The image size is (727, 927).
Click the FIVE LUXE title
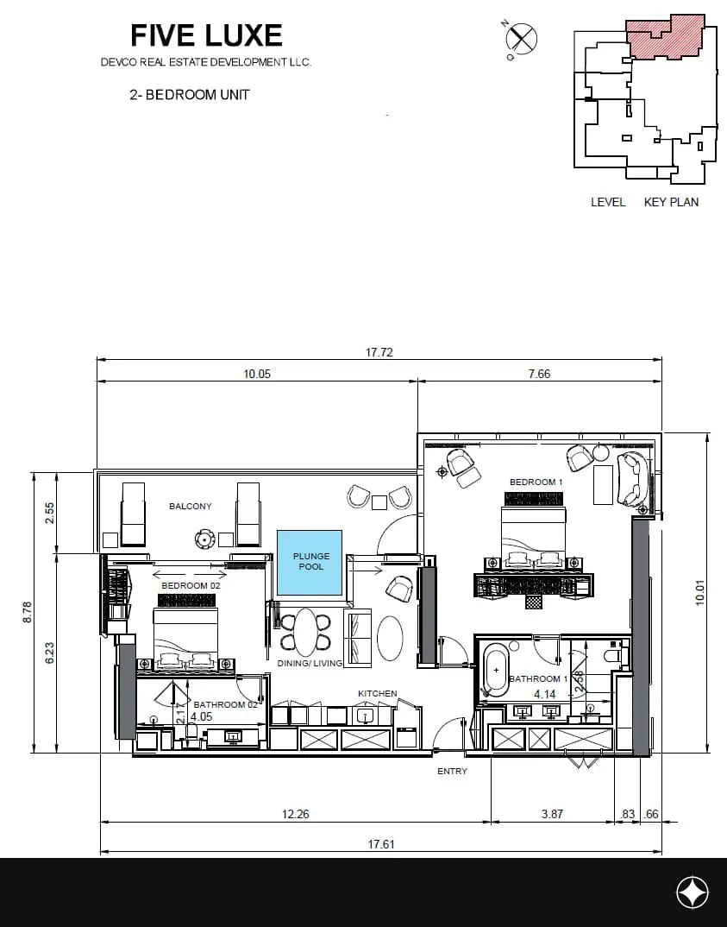[206, 35]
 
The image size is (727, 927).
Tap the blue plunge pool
[310, 562]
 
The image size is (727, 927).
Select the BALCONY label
[191, 506]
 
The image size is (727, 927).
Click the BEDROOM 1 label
[536, 482]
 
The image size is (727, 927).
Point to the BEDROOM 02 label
[191, 585]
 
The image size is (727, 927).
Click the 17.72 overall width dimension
[379, 352]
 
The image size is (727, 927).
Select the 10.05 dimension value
[257, 374]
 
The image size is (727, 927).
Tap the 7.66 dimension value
[539, 374]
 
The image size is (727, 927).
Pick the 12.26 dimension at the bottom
[295, 814]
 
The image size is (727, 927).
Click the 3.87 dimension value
[552, 814]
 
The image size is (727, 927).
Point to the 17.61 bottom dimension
[381, 844]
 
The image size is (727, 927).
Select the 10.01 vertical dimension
[700, 593]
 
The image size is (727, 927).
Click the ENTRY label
[453, 771]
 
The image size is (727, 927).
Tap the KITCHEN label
[378, 693]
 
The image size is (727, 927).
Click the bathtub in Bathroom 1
[496, 671]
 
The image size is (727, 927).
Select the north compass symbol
[521, 39]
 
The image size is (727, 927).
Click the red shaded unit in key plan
[664, 36]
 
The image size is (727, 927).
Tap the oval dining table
[306, 633]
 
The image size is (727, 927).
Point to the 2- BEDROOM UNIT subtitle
[190, 95]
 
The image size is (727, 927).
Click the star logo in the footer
[693, 892]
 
